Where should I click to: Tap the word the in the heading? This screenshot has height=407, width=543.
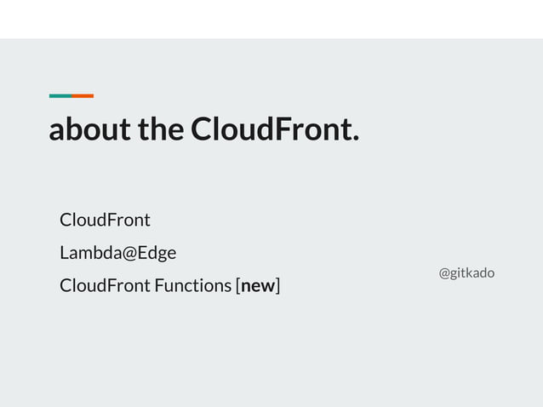(x=159, y=130)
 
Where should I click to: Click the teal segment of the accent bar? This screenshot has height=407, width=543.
(x=60, y=95)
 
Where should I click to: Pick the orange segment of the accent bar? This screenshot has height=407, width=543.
(x=83, y=95)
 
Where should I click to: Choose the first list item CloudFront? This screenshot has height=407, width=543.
(x=105, y=220)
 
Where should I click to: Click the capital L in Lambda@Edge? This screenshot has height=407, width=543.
(x=64, y=253)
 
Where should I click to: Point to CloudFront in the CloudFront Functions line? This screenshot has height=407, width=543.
(x=105, y=285)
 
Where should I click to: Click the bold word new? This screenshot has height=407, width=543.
(x=258, y=286)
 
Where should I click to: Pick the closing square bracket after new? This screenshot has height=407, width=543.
(x=278, y=286)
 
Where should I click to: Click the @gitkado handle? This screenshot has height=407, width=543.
(x=466, y=273)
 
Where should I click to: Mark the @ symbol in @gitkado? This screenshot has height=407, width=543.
(x=444, y=273)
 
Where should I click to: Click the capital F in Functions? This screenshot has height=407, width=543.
(x=158, y=285)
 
